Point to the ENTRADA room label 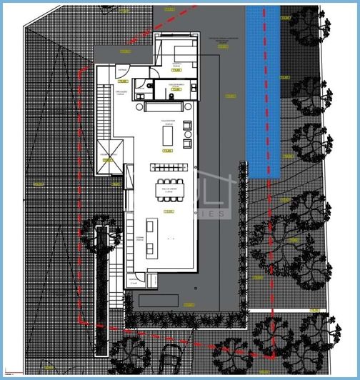(x=123, y=69)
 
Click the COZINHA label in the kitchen (x=140, y=239)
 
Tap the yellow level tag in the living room (x=167, y=151)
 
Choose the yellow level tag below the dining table (x=169, y=211)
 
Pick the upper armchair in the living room (x=188, y=125)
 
